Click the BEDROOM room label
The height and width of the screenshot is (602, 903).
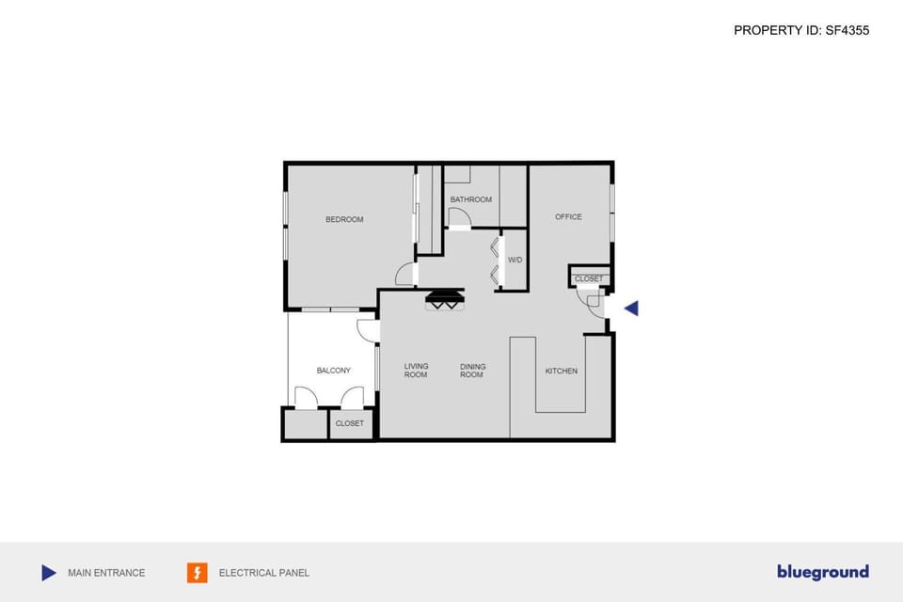coord(344,220)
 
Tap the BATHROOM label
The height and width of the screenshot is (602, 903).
coord(470,199)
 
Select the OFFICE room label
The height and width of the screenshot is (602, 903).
coord(568,217)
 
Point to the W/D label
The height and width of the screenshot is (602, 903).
coord(515,260)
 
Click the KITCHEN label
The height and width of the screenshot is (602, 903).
coord(562,372)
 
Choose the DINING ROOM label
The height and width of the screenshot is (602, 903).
coord(472,371)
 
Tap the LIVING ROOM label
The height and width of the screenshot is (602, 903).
coord(416,371)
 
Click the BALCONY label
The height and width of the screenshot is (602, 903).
coord(334,371)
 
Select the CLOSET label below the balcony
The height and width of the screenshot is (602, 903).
coord(349,424)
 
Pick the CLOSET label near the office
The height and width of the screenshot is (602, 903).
coord(589,279)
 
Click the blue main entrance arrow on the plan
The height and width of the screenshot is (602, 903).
coord(631,308)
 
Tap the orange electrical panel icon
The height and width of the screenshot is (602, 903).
coord(198,572)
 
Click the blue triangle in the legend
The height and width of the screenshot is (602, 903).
coord(49,572)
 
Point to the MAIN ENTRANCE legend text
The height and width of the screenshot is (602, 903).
coord(106,573)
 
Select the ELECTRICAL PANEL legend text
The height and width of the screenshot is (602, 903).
coord(263,573)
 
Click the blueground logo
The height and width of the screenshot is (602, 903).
coord(822,572)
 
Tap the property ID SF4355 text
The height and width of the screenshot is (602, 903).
coord(801,30)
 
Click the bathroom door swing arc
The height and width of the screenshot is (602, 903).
coord(459,218)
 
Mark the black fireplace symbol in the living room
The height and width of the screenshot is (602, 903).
coord(445,300)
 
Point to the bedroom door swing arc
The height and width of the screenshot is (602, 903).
coord(404,275)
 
